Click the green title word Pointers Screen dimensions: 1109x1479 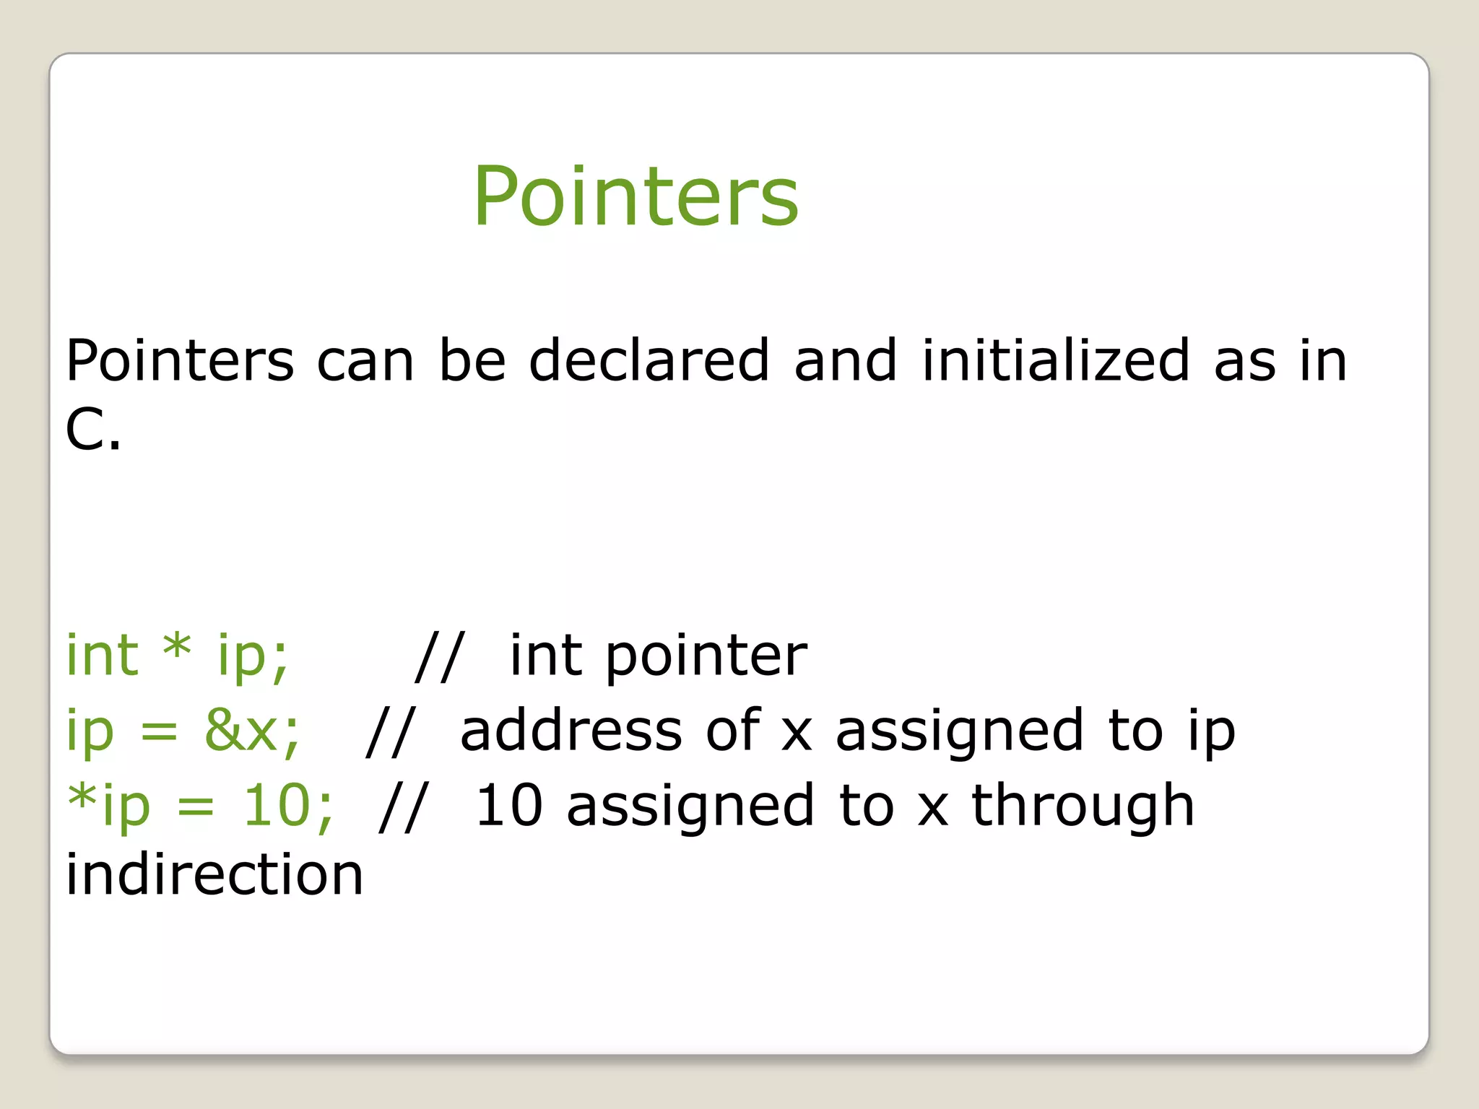pos(636,196)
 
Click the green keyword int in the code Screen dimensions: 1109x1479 pos(102,655)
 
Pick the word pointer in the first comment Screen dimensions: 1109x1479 pos(706,656)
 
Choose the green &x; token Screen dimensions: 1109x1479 pos(252,730)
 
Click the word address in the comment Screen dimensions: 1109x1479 pos(571,730)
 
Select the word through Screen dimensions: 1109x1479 pos(1083,806)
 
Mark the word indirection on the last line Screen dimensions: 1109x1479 pos(214,874)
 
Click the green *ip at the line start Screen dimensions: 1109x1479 pos(109,805)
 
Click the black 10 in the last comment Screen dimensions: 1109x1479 pos(509,805)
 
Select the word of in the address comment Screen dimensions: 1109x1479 pos(732,730)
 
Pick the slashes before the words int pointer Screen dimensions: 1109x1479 pos(440,655)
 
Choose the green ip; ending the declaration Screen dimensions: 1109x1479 pos(253,656)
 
